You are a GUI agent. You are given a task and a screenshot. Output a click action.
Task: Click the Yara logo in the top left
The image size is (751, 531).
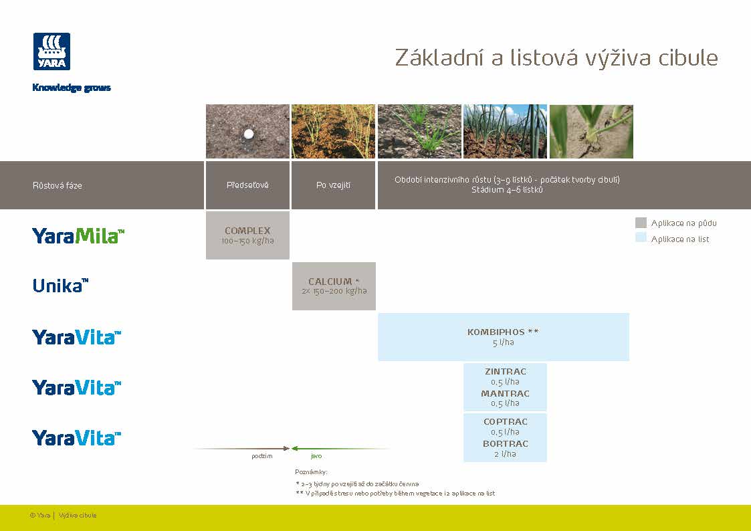[x=51, y=51]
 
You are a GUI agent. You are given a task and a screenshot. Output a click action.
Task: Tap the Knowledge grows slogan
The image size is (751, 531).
[x=72, y=88]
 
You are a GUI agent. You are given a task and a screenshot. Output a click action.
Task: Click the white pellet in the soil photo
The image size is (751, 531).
[x=249, y=134]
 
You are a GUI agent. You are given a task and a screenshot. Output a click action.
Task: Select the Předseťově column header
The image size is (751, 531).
[x=247, y=185]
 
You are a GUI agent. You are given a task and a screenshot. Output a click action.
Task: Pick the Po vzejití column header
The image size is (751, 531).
[x=333, y=185]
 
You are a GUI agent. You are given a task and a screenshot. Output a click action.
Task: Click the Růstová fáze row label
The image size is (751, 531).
[x=58, y=185]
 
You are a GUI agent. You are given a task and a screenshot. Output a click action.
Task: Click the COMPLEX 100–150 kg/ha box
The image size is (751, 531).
[x=247, y=235]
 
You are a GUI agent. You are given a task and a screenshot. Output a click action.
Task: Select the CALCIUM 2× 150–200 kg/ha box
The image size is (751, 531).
[x=334, y=286]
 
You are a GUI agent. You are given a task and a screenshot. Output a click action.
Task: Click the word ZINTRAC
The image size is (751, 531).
[x=505, y=372]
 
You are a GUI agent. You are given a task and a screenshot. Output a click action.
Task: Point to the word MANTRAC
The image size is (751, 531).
[x=505, y=394]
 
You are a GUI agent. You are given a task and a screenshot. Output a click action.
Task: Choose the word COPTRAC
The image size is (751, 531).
[x=505, y=422]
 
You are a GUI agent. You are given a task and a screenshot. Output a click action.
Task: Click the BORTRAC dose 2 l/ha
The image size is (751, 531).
[x=505, y=454]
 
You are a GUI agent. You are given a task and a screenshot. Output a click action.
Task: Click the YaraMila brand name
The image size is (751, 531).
[x=78, y=235]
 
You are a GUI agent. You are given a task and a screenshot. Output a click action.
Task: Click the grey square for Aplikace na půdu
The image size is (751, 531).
[x=641, y=223]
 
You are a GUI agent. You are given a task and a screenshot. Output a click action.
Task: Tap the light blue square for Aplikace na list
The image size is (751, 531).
[x=641, y=239]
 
